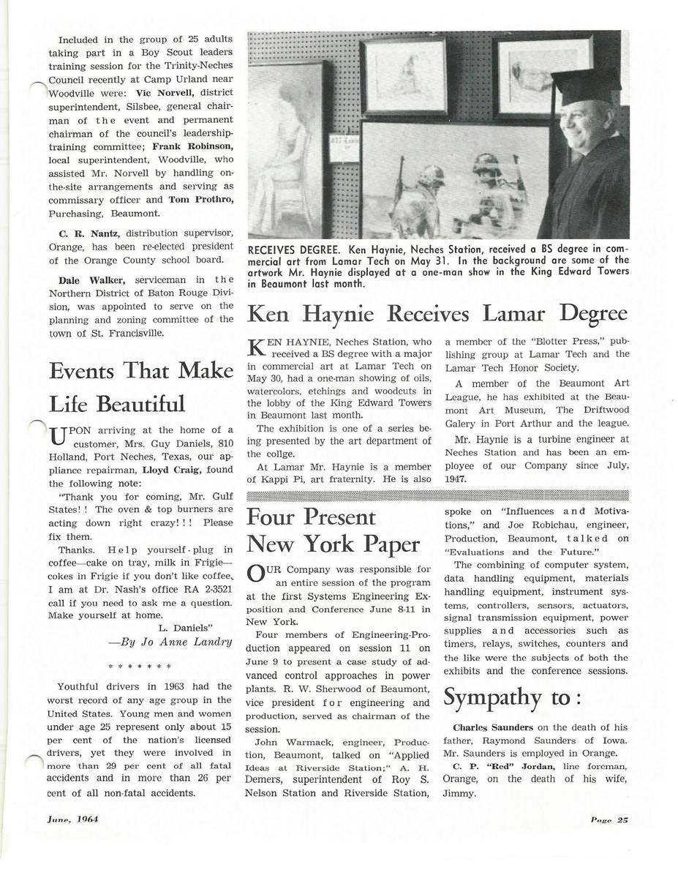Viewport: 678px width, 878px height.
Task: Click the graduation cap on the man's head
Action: [585, 86]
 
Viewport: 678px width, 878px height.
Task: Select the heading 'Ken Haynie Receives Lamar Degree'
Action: [437, 314]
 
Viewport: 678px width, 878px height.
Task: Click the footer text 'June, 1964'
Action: [73, 819]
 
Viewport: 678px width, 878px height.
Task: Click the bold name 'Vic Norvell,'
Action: [165, 93]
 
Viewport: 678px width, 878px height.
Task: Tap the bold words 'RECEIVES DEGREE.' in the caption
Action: [294, 249]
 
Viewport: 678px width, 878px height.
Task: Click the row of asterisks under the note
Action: [139, 667]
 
